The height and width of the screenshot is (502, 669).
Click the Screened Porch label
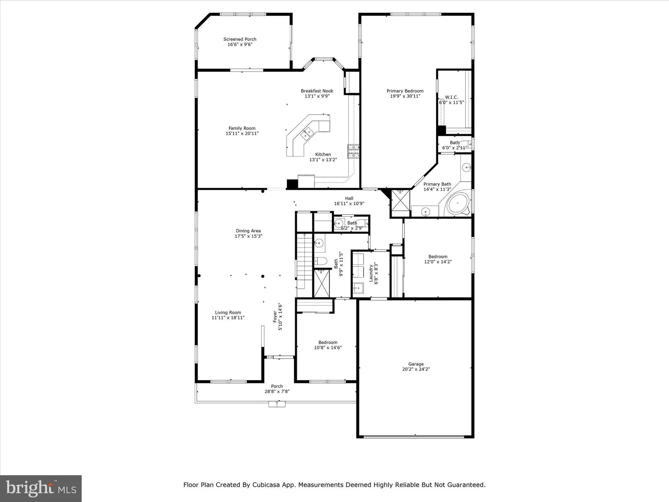coord(240,39)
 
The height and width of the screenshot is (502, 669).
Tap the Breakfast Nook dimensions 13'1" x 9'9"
coord(317,96)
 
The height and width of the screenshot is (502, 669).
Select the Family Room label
coord(242,128)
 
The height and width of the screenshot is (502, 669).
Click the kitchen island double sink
coord(307,134)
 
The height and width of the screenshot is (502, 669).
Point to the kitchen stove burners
coord(353,151)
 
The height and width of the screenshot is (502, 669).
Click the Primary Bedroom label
coord(405,91)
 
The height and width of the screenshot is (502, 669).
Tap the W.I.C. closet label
coord(451,97)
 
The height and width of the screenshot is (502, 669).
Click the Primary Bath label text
coord(437,184)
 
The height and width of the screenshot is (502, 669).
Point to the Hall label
coord(349,198)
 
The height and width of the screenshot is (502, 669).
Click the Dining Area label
coord(248,231)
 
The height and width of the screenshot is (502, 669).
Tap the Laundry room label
coord(371,273)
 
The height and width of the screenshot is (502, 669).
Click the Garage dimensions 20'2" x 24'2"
coord(416,369)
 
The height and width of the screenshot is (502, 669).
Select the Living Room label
coord(228,313)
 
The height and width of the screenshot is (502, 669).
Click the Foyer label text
coord(275,317)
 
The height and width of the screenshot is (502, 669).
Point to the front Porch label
coord(277,386)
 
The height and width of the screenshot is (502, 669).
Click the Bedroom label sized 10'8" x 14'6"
coord(328,342)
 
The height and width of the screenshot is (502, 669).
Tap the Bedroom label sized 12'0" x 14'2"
coord(438,257)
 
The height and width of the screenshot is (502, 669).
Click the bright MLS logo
coord(41,488)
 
